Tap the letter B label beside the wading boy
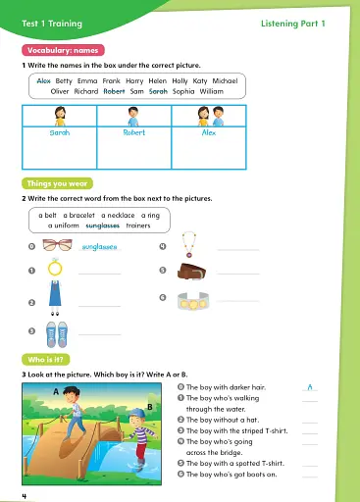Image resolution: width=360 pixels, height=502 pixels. pos(149,405)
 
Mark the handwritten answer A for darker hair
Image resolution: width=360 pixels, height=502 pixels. pos(310,388)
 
